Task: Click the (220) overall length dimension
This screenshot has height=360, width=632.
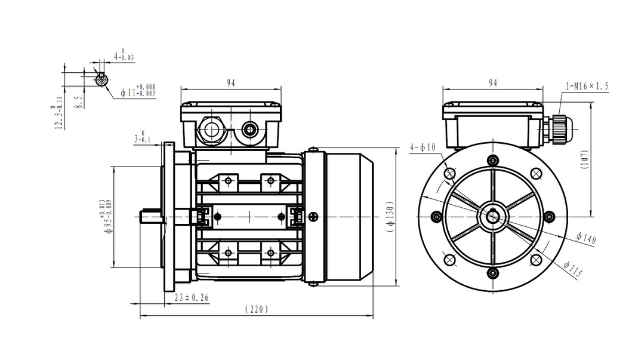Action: click(257, 309)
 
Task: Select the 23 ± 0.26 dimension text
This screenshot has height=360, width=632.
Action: click(192, 297)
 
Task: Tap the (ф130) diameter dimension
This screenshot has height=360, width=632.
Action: click(389, 216)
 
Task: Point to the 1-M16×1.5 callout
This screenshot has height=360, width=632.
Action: click(587, 86)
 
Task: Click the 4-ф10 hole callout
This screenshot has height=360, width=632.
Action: click(423, 147)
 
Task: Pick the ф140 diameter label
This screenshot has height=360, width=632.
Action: click(586, 238)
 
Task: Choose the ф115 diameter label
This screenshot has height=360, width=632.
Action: click(573, 270)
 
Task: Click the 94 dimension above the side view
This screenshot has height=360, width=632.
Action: click(230, 82)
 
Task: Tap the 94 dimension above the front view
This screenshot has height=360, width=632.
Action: click(493, 82)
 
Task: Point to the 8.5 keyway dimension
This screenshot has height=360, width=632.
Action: click(80, 101)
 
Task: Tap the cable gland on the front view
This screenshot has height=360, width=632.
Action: click(556, 129)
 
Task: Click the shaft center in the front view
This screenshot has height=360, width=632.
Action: click(493, 217)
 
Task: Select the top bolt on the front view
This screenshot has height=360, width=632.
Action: click(493, 160)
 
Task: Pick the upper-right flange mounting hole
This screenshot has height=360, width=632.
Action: click(536, 173)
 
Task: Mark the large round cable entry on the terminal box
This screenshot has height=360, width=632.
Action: click(211, 129)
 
